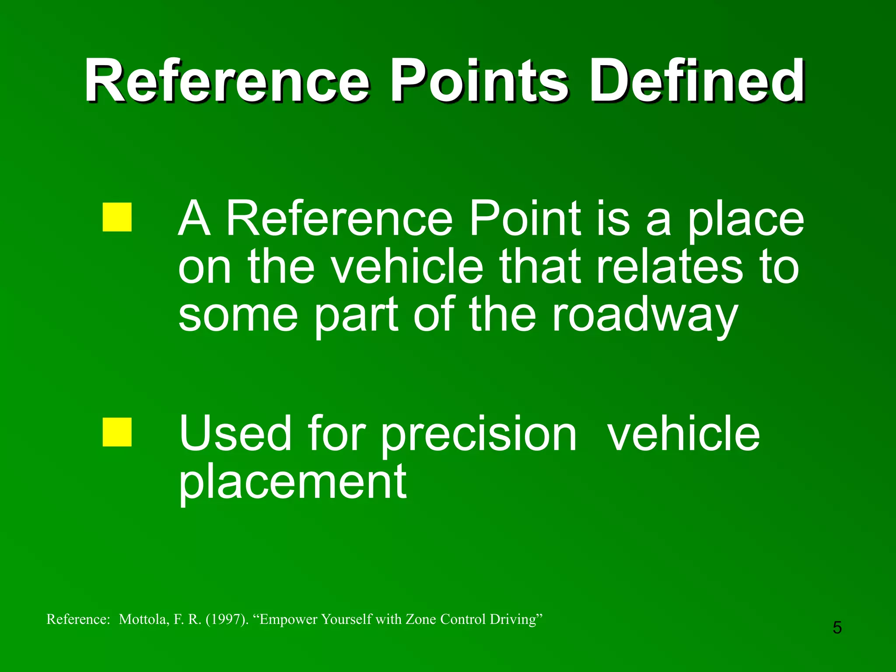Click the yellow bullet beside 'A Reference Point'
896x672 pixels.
(x=117, y=217)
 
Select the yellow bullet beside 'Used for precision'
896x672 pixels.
(x=117, y=432)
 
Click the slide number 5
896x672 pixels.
(x=837, y=628)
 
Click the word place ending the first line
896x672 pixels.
(x=746, y=219)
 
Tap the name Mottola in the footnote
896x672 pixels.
(x=143, y=619)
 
